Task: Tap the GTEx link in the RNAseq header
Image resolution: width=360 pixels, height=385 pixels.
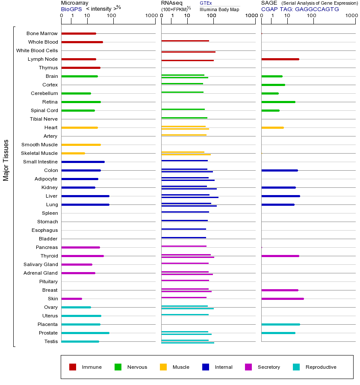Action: click(x=206, y=3)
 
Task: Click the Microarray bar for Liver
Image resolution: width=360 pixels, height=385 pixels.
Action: click(x=85, y=196)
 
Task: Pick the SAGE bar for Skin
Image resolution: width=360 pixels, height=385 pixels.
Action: click(x=282, y=299)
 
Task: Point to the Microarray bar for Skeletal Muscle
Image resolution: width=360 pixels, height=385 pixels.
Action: click(x=73, y=153)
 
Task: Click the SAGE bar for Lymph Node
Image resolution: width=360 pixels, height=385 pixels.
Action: click(x=280, y=59)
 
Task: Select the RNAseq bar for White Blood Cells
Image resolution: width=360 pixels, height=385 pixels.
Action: click(x=188, y=52)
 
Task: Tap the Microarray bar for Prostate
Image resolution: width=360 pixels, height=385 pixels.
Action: click(x=85, y=333)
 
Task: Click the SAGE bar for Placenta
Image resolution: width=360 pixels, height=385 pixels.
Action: click(x=280, y=324)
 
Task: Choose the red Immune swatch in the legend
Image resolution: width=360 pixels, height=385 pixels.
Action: click(x=73, y=367)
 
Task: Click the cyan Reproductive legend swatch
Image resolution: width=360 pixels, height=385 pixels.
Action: click(x=296, y=367)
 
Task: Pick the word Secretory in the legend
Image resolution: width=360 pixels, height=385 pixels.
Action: click(x=269, y=367)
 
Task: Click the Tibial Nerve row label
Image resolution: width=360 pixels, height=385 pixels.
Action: click(x=44, y=119)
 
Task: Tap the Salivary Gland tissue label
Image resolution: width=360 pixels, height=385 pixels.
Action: click(x=41, y=264)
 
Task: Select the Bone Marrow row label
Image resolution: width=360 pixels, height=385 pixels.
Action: click(x=42, y=33)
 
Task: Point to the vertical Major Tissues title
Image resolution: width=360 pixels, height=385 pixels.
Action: click(x=6, y=160)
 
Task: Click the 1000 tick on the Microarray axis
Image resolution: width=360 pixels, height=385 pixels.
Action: click(x=151, y=16)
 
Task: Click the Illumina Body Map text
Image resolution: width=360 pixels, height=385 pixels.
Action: click(x=220, y=9)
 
